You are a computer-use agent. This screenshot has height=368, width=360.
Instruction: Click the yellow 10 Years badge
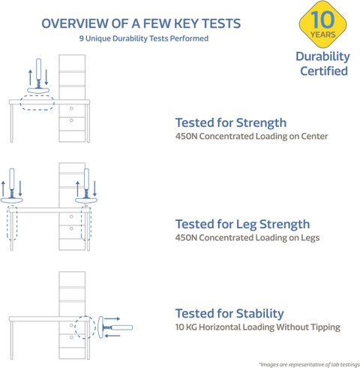(322, 24)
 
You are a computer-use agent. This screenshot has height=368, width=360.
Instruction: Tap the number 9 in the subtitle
(81, 38)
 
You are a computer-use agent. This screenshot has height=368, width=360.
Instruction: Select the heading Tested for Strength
(231, 123)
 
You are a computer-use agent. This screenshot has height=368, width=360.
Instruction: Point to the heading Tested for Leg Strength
(242, 225)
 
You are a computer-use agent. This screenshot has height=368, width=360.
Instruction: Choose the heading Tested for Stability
(229, 314)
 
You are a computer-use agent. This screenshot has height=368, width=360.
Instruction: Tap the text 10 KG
(186, 327)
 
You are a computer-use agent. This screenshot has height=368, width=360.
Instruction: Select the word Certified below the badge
(324, 71)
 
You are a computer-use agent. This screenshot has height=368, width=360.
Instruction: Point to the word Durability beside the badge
(322, 57)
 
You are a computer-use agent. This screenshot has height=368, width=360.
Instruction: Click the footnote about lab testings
(309, 364)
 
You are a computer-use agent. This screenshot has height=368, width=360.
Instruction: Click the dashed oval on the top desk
(37, 95)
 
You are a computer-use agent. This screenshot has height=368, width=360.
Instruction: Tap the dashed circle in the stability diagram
(75, 327)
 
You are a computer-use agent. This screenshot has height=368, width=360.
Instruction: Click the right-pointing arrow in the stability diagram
(112, 319)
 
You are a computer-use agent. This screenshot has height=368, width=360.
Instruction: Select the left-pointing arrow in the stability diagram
(112, 336)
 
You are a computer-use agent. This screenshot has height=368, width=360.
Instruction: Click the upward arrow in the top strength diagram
(30, 77)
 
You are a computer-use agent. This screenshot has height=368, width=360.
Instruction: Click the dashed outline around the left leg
(7, 223)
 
